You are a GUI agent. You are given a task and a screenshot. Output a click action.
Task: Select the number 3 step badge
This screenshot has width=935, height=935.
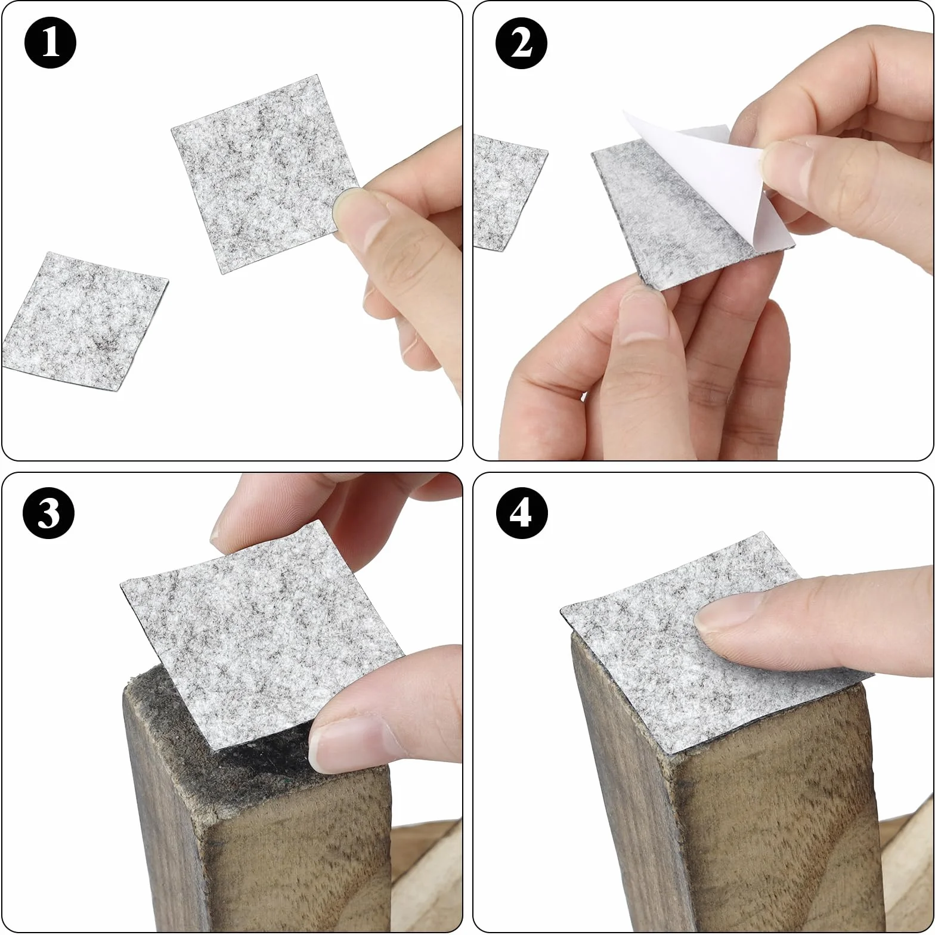coord(49,512)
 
